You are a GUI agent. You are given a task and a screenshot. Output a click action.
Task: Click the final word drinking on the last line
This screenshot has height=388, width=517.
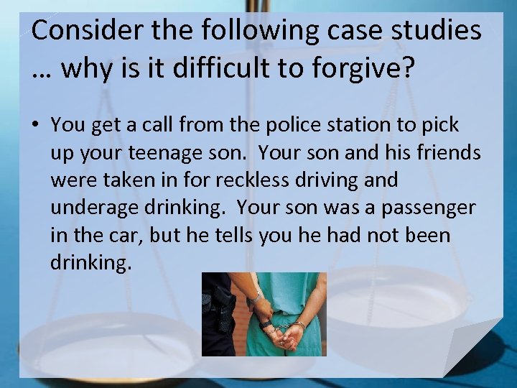click(90, 263)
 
